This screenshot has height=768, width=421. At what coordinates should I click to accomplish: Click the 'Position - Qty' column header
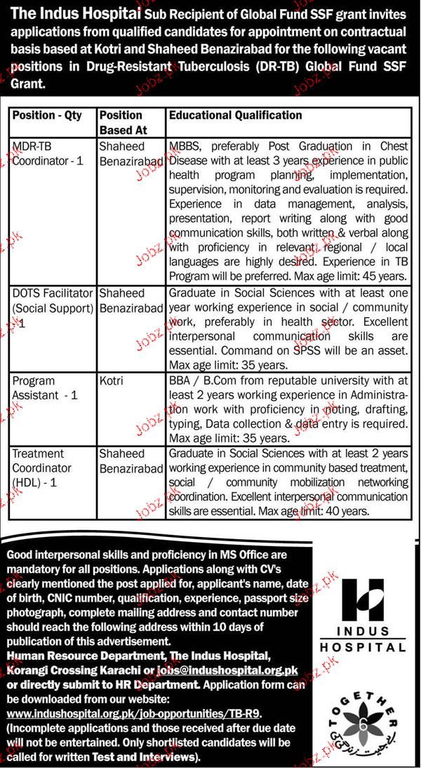47,115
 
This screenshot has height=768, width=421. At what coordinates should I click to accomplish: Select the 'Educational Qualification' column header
236,115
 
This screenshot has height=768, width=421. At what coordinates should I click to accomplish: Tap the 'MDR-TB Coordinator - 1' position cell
48,154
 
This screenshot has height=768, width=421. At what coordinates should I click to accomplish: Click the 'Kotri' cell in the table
112,380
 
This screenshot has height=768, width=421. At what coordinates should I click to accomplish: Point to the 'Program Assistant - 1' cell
45,388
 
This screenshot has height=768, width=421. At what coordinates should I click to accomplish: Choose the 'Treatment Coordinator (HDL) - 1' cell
42,468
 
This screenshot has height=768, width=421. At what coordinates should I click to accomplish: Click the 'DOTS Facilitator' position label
53,293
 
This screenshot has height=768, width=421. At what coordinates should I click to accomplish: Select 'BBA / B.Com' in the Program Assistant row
203,380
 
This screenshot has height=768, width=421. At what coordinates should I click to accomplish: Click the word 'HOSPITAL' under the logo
363,646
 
